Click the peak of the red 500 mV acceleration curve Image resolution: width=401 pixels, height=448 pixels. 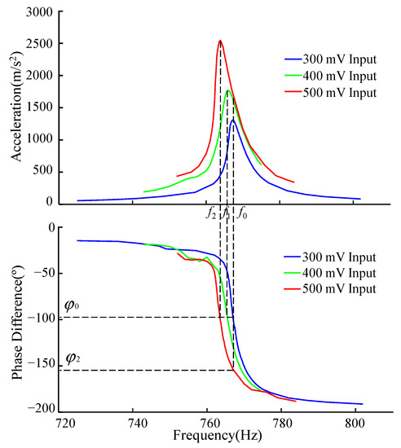tap(220, 41)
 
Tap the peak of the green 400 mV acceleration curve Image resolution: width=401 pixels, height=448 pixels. tap(228, 90)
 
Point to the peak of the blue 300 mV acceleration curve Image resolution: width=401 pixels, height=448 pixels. tap(233, 121)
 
